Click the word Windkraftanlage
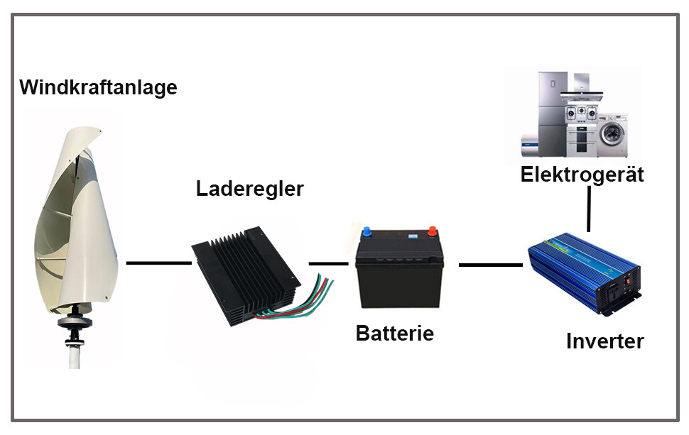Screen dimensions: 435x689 [x=98, y=88]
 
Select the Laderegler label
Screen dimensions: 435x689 [x=249, y=189]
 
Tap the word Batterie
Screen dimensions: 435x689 [x=394, y=333]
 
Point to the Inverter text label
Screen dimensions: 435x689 [x=604, y=341]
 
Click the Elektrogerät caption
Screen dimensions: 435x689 [x=582, y=175]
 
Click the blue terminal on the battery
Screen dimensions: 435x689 [x=367, y=231]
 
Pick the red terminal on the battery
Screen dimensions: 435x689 [x=430, y=231]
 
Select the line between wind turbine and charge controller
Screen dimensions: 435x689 [x=158, y=263]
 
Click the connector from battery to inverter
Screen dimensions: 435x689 [x=490, y=265]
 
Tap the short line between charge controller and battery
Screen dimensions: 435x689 [x=324, y=264]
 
